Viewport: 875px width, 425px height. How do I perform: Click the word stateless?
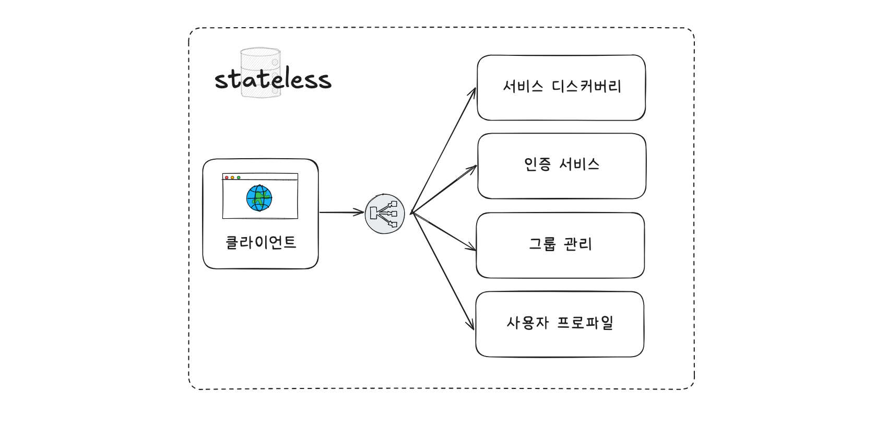point(273,79)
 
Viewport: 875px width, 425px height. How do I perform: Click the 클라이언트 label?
point(261,242)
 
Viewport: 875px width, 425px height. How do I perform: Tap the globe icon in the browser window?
point(259,198)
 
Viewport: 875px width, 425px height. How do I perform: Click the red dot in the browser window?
point(227,178)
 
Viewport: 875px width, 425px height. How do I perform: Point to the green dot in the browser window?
point(239,178)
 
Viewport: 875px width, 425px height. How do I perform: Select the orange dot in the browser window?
point(232,178)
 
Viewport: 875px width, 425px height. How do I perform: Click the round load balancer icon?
point(385,214)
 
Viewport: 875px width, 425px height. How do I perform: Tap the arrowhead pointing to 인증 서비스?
point(474,168)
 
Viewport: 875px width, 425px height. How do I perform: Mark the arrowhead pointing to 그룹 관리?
point(472,249)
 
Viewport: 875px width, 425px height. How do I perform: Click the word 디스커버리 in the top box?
point(586,86)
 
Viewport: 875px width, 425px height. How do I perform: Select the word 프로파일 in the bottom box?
point(585,323)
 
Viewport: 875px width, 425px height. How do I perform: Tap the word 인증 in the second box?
point(537,164)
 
